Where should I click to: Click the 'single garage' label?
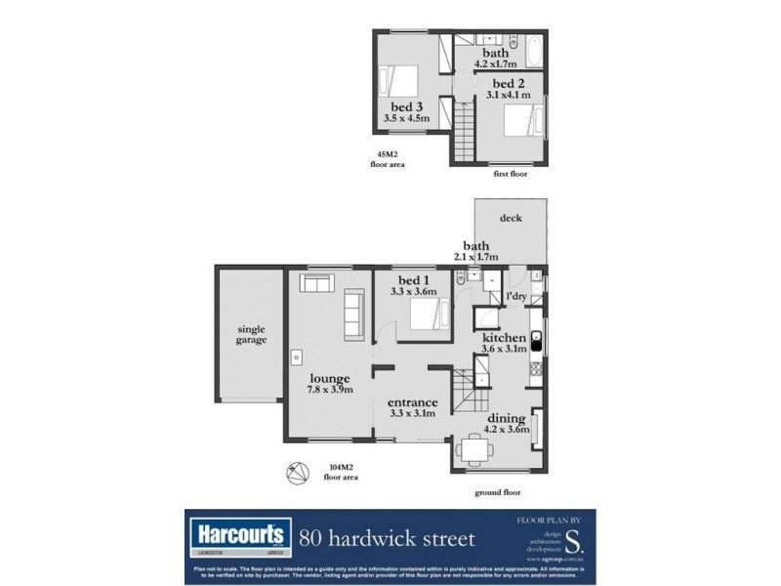click(x=251, y=335)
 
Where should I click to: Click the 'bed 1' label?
click(x=411, y=279)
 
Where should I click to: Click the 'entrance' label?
click(x=412, y=402)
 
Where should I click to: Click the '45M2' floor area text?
click(x=388, y=154)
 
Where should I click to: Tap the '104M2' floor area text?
click(x=340, y=466)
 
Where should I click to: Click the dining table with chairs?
click(x=475, y=449)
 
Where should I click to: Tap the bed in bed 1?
click(x=427, y=315)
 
